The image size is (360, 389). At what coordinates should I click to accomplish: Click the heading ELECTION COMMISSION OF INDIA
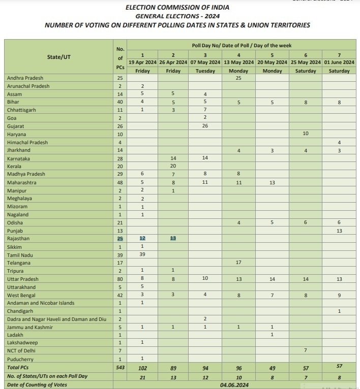click(x=177, y=8)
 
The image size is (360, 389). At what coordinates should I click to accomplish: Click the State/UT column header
click(x=59, y=57)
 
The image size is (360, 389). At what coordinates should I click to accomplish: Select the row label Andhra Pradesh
click(x=25, y=78)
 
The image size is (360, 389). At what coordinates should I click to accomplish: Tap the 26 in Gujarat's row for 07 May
click(x=205, y=126)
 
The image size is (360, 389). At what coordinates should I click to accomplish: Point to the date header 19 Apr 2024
click(x=142, y=62)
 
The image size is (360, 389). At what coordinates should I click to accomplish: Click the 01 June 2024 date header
click(x=339, y=62)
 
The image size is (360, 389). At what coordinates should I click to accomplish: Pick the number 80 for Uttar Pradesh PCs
click(x=120, y=279)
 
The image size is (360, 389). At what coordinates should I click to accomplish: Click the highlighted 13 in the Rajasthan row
click(x=173, y=239)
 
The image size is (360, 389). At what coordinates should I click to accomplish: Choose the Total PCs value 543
click(x=120, y=367)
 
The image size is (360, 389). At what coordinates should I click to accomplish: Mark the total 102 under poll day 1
click(x=142, y=367)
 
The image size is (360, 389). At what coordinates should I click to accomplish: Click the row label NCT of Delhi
click(x=22, y=351)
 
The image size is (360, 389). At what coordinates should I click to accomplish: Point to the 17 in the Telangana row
click(x=238, y=263)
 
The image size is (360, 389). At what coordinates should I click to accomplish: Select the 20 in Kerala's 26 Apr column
click(x=173, y=167)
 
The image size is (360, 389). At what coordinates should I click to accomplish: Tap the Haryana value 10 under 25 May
click(x=306, y=134)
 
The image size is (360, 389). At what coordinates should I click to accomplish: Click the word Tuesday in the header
click(x=205, y=71)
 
